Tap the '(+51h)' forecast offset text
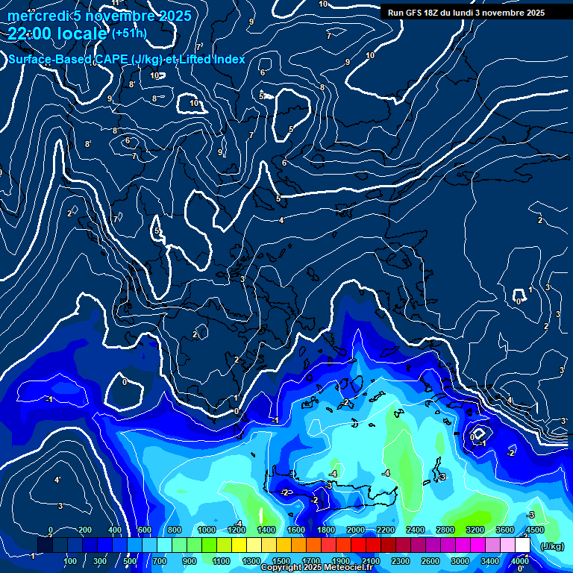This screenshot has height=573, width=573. pyautogui.click(x=129, y=33)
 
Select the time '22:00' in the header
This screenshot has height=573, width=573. pyautogui.click(x=34, y=34)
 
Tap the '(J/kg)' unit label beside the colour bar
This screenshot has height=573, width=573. pyautogui.click(x=552, y=547)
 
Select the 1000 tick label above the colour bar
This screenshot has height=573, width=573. pyautogui.click(x=206, y=530)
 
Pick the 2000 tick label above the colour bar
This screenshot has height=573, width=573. pyautogui.click(x=355, y=530)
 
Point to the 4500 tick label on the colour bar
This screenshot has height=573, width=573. pyautogui.click(x=534, y=530)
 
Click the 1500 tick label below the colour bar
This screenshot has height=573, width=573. pyautogui.click(x=281, y=561)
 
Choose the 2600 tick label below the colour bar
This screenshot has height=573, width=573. pyautogui.click(x=430, y=561)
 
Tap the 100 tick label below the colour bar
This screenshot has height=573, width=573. pyautogui.click(x=71, y=561)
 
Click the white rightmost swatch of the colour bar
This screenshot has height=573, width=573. pyautogui.click(x=522, y=545)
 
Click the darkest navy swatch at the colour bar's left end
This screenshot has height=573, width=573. pyautogui.click(x=45, y=545)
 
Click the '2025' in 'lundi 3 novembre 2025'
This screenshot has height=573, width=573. pyautogui.click(x=533, y=13)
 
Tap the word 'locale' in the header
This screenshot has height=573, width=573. pyautogui.click(x=84, y=34)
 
